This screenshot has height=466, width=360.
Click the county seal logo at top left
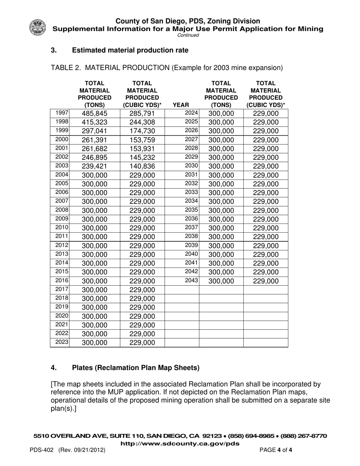(x=37, y=28)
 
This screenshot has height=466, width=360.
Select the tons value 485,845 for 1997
(x=94, y=113)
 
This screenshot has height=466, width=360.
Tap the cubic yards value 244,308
(x=142, y=122)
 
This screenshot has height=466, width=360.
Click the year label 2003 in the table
(x=61, y=166)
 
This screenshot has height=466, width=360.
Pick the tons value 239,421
(x=94, y=166)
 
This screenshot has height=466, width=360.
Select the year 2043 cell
(x=191, y=280)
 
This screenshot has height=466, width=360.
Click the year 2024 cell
(x=191, y=113)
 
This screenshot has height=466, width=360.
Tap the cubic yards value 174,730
(x=142, y=131)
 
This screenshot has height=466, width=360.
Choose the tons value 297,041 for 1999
(x=94, y=131)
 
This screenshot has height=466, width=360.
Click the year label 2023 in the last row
(x=61, y=342)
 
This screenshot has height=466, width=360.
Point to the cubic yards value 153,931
(x=142, y=149)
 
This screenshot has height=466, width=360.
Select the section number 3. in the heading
(x=54, y=50)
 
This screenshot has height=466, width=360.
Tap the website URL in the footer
(x=180, y=443)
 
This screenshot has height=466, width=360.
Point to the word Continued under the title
(x=188, y=35)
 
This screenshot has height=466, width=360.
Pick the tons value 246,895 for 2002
(x=94, y=158)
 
